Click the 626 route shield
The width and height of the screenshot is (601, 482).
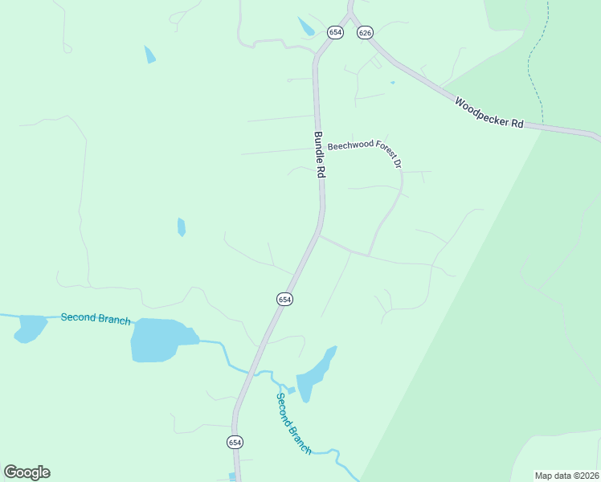click(x=366, y=32)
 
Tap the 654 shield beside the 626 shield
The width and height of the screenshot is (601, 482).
click(x=335, y=32)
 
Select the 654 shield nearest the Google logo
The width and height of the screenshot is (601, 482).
click(x=234, y=443)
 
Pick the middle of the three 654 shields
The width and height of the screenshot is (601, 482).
click(x=284, y=299)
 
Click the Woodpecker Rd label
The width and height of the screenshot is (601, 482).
click(x=489, y=113)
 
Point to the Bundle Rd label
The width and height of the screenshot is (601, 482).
click(x=319, y=155)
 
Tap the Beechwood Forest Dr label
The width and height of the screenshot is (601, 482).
click(x=364, y=151)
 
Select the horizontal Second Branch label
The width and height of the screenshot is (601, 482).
click(x=96, y=319)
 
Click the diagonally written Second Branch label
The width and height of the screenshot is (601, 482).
click(x=293, y=423)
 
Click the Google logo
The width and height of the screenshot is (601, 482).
click(x=27, y=472)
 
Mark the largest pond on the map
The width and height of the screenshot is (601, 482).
click(x=161, y=340)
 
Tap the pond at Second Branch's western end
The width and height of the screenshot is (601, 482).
click(x=30, y=328)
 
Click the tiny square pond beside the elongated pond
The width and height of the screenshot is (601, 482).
click(x=292, y=390)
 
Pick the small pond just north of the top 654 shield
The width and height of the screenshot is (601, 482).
click(x=306, y=27)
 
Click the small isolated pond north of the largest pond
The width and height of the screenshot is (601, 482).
click(x=182, y=227)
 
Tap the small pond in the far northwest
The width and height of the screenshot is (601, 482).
click(x=149, y=55)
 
